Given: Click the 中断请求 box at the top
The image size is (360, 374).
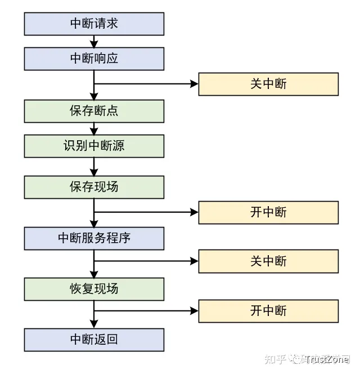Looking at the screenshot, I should coord(94,24).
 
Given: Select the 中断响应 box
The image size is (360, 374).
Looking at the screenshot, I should coord(94,59).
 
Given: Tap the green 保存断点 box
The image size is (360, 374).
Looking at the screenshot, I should coord(94,111).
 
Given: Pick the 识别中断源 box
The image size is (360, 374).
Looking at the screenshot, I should coord(94,146).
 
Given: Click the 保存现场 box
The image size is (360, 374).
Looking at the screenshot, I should coord(94,187).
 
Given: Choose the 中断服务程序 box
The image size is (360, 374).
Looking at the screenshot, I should coord(94,238).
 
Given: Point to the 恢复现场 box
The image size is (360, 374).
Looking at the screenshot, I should coord(94,289).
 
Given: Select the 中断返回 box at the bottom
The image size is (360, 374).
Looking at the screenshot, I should coord(94,340).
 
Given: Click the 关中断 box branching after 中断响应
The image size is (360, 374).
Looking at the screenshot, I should coord(268,84).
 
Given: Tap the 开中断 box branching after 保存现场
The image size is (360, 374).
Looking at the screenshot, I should coord(268,212).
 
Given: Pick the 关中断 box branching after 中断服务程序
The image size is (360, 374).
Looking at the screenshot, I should coord(268,261).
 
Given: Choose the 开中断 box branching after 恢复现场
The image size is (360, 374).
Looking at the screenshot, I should coord(268,311).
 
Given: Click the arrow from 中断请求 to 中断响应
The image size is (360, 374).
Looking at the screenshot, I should coord(94,41).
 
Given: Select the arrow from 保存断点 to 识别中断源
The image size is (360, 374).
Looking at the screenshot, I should coord(94,128).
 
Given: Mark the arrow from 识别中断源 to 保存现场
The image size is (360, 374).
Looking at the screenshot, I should coord(94,166).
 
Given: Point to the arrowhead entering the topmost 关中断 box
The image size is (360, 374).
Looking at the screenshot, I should coord(195,84).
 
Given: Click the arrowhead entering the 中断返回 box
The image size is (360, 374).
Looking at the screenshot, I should coord(94,325).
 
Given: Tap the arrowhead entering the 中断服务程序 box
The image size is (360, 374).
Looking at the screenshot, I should coord(94,224).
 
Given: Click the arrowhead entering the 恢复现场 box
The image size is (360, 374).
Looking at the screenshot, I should coord(94,274).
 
